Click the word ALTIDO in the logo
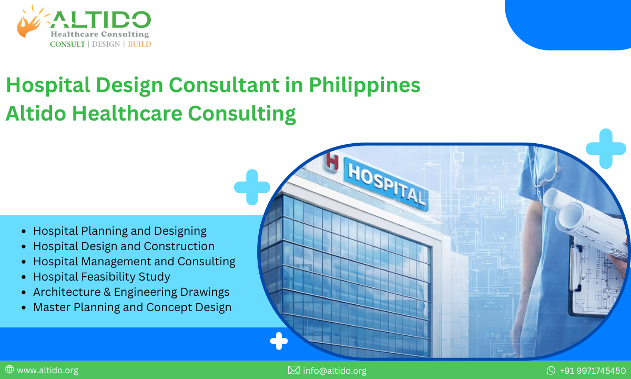click(100, 20)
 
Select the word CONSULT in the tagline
click(67, 44)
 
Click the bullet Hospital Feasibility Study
click(101, 276)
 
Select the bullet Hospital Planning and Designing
click(119, 231)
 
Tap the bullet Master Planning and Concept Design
click(132, 307)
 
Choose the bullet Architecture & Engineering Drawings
click(131, 292)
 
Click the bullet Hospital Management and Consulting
click(134, 261)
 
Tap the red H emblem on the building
click(332, 161)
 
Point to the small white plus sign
click(279, 341)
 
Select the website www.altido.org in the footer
click(47, 371)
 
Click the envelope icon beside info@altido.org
click(293, 371)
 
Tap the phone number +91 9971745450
click(592, 371)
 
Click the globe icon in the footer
click(9, 370)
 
